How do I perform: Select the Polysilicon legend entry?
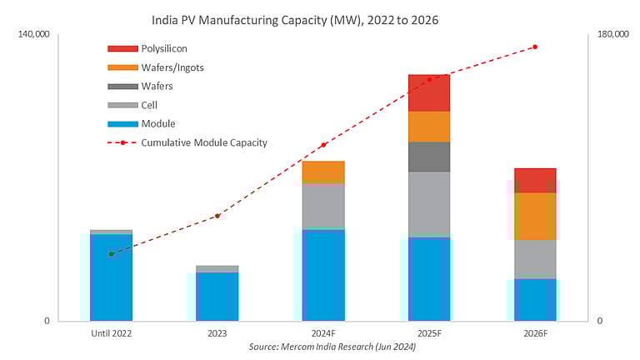coord(163,49)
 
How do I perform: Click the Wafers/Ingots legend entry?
coord(172,67)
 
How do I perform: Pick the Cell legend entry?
coord(149,105)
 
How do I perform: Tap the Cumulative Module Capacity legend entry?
coord(203,142)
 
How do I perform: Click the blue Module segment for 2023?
coord(217,296)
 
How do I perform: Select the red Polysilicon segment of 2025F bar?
coord(429,92)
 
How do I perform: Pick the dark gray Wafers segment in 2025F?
coord(429,157)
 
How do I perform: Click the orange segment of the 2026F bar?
coord(535,216)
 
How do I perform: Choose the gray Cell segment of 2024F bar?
coord(323,205)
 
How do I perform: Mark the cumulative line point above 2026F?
coord(535,47)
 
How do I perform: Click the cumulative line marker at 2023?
coord(217,216)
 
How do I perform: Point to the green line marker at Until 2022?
coord(111,254)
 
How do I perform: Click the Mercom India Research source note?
coord(332,347)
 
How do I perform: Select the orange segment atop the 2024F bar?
coord(323,172)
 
